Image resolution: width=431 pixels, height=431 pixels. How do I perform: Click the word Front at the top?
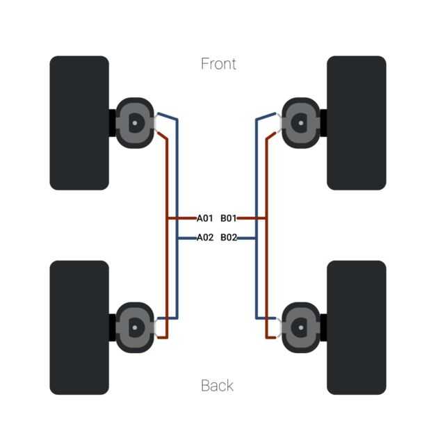pos(218,64)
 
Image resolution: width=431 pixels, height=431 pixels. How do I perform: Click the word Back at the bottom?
pos(217,385)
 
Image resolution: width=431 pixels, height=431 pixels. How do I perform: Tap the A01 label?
pos(204,218)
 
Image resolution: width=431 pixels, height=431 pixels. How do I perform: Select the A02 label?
pos(204,237)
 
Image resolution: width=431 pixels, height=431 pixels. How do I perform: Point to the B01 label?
pos(229,218)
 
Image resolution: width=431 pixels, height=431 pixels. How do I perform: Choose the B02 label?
pos(229,237)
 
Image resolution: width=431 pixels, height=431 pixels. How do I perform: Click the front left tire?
pos(79,122)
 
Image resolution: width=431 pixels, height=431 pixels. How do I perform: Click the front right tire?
pos(356,122)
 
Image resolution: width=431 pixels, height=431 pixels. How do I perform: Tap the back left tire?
pos(79,327)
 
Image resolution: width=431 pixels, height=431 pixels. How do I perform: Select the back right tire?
pos(356,327)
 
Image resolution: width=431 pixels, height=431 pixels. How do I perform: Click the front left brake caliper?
pos(133,122)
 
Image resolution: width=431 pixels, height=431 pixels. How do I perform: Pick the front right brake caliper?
pos(301,122)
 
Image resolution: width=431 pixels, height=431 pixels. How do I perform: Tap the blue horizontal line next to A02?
pos(186,238)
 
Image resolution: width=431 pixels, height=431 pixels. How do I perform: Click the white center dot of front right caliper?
pos(301,122)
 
